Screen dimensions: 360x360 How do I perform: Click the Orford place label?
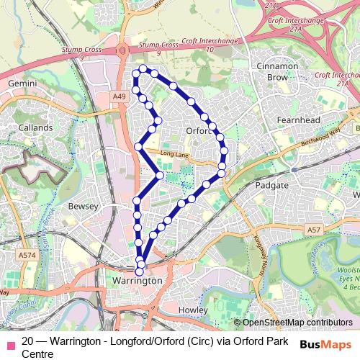[198, 131]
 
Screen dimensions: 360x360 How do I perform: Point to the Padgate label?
[272, 185]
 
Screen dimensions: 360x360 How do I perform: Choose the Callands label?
[35, 127]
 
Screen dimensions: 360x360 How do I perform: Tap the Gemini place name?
[22, 84]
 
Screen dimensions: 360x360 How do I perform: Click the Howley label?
[192, 310]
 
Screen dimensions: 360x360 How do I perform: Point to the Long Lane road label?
[174, 153]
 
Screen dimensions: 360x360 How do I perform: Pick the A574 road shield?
[27, 255]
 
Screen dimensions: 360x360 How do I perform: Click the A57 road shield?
[312, 230]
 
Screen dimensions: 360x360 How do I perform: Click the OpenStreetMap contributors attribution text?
[297, 323]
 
